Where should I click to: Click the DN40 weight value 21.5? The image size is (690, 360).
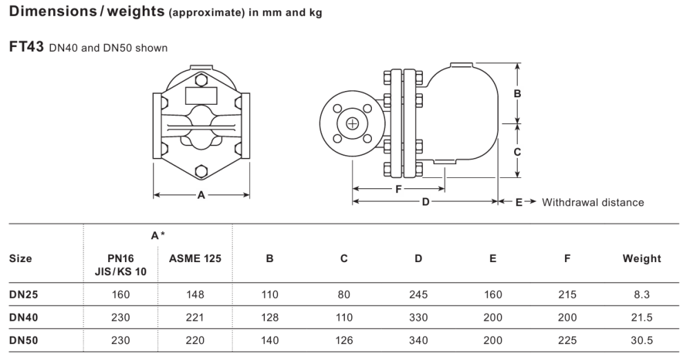pos(642,317)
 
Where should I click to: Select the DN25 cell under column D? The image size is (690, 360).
pos(418,294)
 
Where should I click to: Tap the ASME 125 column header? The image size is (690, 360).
pos(195,259)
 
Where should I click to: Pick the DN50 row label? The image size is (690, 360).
pos(23,340)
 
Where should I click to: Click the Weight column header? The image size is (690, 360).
pos(642,259)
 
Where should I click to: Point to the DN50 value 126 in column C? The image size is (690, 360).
pos(344,340)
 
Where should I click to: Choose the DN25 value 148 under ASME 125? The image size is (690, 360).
pos(195,294)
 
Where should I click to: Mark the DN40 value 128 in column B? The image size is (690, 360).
pos(269,317)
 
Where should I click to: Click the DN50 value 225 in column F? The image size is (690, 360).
pos(567,340)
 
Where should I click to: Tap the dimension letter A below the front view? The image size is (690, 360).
pos(201,195)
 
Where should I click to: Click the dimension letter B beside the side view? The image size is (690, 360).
pos(517,94)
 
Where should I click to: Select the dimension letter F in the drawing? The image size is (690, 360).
pos(398,189)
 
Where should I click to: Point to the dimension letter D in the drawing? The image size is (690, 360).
pos(426,202)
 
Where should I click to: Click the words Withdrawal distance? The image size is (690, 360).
pos(593,203)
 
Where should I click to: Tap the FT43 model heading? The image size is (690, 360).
pos(26,47)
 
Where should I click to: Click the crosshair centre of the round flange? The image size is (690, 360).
pos(353,123)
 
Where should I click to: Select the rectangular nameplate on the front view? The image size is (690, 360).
pos(201,96)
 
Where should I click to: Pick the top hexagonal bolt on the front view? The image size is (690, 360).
pos(201,80)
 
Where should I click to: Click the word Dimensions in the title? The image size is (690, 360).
pos(52,11)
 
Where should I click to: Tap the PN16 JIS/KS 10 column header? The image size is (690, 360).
pos(121,265)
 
